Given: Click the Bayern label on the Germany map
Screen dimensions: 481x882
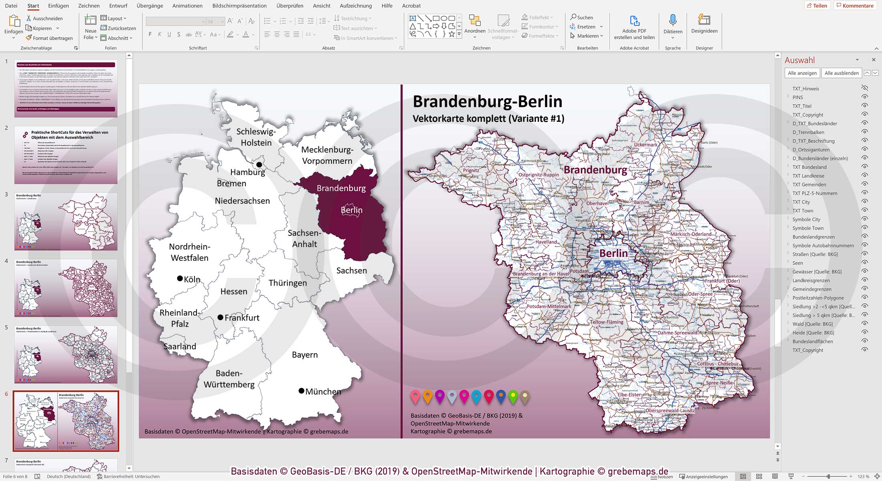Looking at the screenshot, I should [305, 355].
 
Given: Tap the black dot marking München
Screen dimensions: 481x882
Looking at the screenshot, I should [301, 391].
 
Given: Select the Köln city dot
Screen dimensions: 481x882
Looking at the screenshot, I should [180, 278].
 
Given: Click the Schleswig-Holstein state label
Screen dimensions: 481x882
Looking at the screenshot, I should [256, 137].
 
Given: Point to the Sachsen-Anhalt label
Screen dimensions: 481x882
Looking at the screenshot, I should [304, 238].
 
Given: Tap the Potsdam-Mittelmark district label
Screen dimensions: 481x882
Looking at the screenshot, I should [549, 306].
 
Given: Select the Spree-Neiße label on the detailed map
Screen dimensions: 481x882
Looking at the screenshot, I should [720, 382].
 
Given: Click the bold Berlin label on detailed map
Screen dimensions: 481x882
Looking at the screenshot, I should [613, 253].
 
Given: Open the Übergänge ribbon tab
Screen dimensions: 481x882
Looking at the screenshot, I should [150, 6].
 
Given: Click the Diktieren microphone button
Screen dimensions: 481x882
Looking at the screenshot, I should [673, 25].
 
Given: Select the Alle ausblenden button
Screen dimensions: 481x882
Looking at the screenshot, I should [842, 73].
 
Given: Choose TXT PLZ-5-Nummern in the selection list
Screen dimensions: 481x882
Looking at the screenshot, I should [815, 193].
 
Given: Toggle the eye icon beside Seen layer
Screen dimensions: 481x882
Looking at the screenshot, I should [865, 263].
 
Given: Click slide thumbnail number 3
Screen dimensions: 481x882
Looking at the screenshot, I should [66, 221].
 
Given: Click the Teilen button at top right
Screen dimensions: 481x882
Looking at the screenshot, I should [817, 6].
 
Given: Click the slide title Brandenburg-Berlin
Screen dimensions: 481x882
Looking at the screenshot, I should [488, 101].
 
